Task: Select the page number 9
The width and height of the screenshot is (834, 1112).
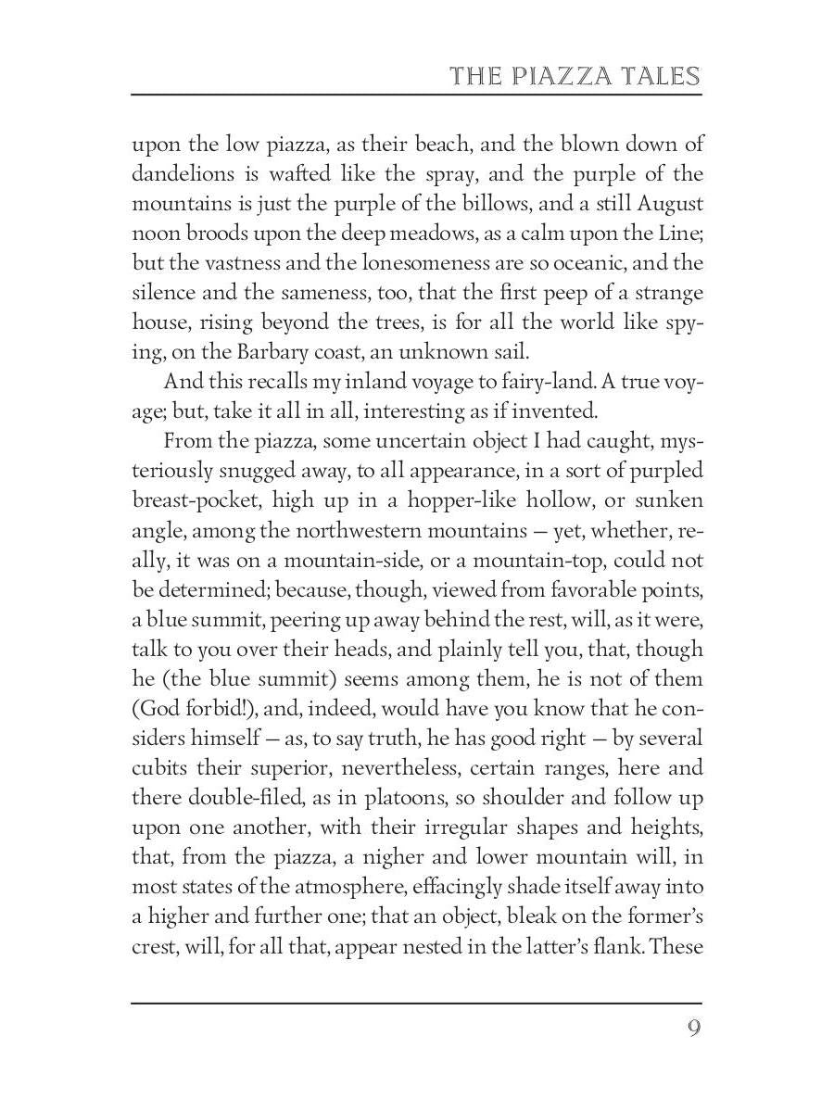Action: [x=693, y=1030]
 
